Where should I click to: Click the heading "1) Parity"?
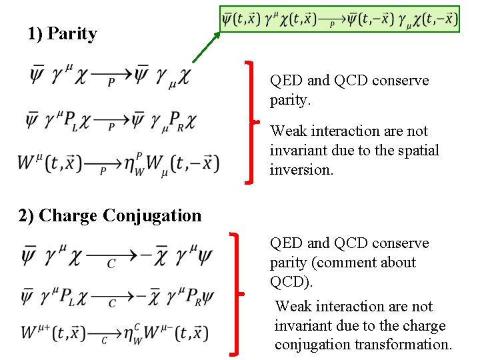[x=62, y=34]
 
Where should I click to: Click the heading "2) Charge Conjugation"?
[x=110, y=215]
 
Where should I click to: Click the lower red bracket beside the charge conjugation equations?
[x=237, y=293]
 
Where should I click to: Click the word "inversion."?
[x=301, y=169]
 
